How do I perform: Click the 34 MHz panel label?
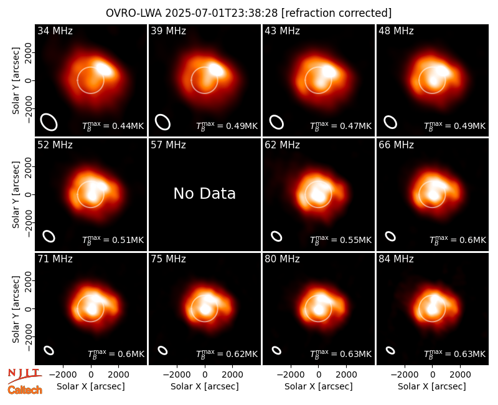point(55,31)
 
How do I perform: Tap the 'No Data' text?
point(205,193)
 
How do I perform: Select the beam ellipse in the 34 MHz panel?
point(49,122)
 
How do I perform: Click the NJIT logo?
point(25,376)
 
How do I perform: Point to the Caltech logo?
point(25,390)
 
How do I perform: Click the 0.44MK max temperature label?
point(113,126)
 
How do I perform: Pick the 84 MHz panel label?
point(396,259)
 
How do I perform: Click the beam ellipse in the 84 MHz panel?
point(390,350)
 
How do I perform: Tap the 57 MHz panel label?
point(168,145)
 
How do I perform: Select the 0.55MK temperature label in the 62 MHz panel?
point(341,240)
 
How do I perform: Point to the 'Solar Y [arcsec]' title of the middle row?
point(16,194)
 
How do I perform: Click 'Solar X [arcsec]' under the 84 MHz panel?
point(432,386)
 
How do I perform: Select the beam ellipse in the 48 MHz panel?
point(390,122)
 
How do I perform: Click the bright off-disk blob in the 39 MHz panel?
point(216,69)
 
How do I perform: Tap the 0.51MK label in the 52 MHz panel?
point(113,240)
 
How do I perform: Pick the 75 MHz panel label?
point(168,259)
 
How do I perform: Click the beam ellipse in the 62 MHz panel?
point(276,236)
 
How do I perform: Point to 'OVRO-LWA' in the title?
point(133,13)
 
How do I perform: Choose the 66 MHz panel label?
point(396,145)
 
